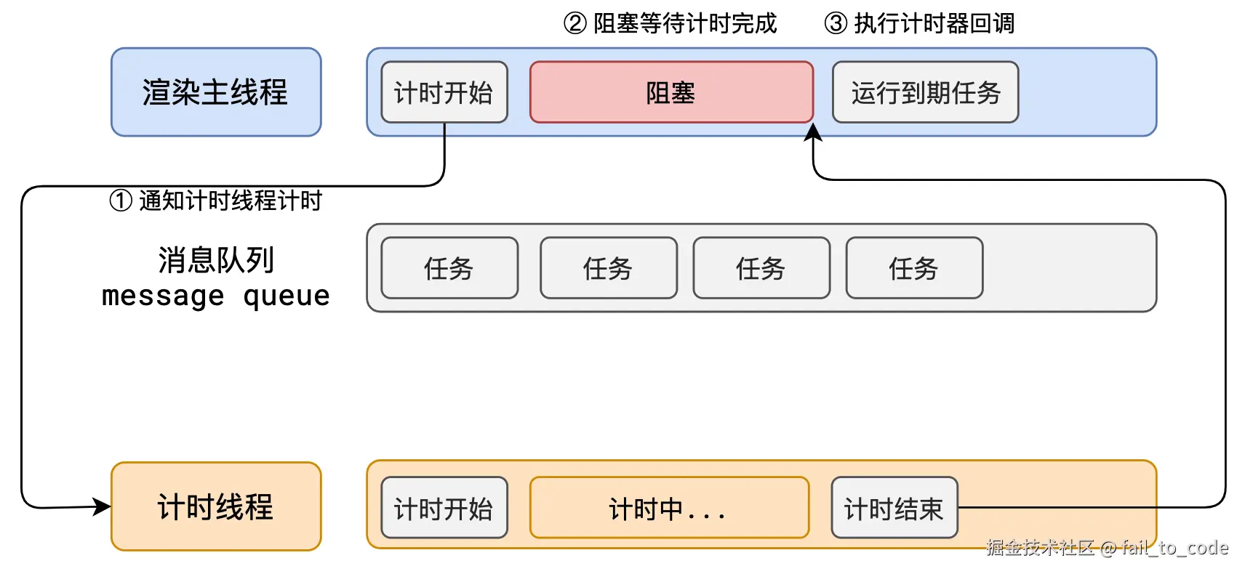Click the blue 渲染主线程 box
pos(216,92)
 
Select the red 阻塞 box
pos(671,92)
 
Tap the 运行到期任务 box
pos(925,92)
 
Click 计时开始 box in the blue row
pos(444,92)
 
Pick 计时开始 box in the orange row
pos(444,508)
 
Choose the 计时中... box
pos(669,508)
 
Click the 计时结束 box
pos(894,508)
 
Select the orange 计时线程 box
pos(216,506)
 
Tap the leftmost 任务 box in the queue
pos(449,268)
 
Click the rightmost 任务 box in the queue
pos(914,268)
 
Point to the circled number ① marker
pos(120,201)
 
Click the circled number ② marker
pos(575,23)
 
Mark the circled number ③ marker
pos(836,23)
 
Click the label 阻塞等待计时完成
pos(685,23)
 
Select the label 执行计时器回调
pos(934,23)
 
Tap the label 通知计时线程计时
pos(230,201)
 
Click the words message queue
pos(216,296)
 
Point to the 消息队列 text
pos(216,260)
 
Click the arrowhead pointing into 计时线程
pos(103,506)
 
